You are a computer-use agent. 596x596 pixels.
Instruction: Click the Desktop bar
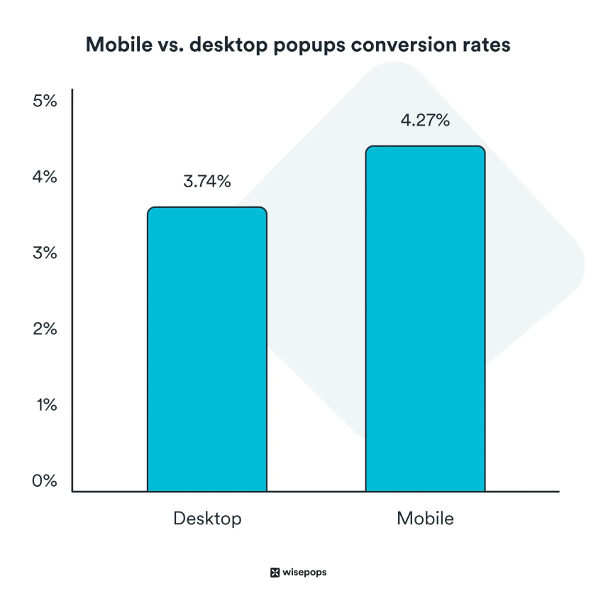[207, 349]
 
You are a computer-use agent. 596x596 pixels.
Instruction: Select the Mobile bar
[425, 319]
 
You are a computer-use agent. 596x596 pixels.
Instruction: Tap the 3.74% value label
[207, 182]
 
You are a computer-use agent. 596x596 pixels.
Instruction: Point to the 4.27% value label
[425, 121]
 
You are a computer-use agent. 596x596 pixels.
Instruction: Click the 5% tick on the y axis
[44, 101]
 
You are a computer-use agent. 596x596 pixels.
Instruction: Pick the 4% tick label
[44, 177]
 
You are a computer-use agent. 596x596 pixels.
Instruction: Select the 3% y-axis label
[44, 253]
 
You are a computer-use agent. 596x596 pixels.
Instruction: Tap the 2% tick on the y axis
[44, 329]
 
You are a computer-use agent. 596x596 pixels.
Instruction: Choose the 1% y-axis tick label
[44, 405]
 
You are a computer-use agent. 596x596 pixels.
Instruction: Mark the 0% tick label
[44, 481]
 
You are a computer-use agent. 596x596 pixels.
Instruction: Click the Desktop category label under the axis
[207, 519]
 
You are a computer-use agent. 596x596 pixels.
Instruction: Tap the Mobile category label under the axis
[425, 519]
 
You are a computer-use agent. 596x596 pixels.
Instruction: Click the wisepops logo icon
[275, 573]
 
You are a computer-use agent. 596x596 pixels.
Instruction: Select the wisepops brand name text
[304, 573]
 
